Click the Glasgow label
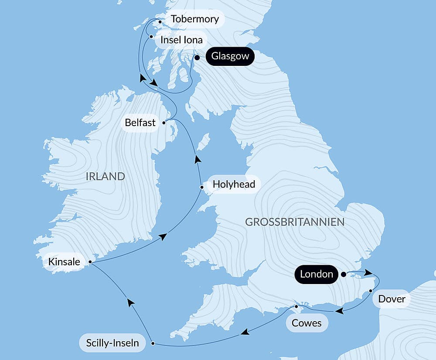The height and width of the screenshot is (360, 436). coord(230,56)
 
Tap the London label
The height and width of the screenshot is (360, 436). coord(317,274)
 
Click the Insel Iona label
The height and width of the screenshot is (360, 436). coord(181,40)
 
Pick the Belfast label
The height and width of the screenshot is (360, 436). coord(140,123)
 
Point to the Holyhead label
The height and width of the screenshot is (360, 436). coord(234,184)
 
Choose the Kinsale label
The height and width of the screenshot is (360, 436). coord(65,262)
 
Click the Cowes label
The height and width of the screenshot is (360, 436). coord(307,323)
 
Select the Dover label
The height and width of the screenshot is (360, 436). coord(392,299)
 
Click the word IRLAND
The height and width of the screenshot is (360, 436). coord(106,176)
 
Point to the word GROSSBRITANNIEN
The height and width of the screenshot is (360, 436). coord(295,222)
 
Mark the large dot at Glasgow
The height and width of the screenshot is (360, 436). coord(197,57)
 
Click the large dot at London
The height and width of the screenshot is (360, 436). coord(343,274)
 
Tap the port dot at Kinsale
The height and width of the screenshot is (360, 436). coord(90,262)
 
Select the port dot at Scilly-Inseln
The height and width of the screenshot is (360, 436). coord(153,343)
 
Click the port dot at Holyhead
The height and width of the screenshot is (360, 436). coord(201,188)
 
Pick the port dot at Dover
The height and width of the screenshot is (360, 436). coord(370,290)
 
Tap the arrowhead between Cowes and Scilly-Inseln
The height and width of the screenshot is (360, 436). coord(245,333)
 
